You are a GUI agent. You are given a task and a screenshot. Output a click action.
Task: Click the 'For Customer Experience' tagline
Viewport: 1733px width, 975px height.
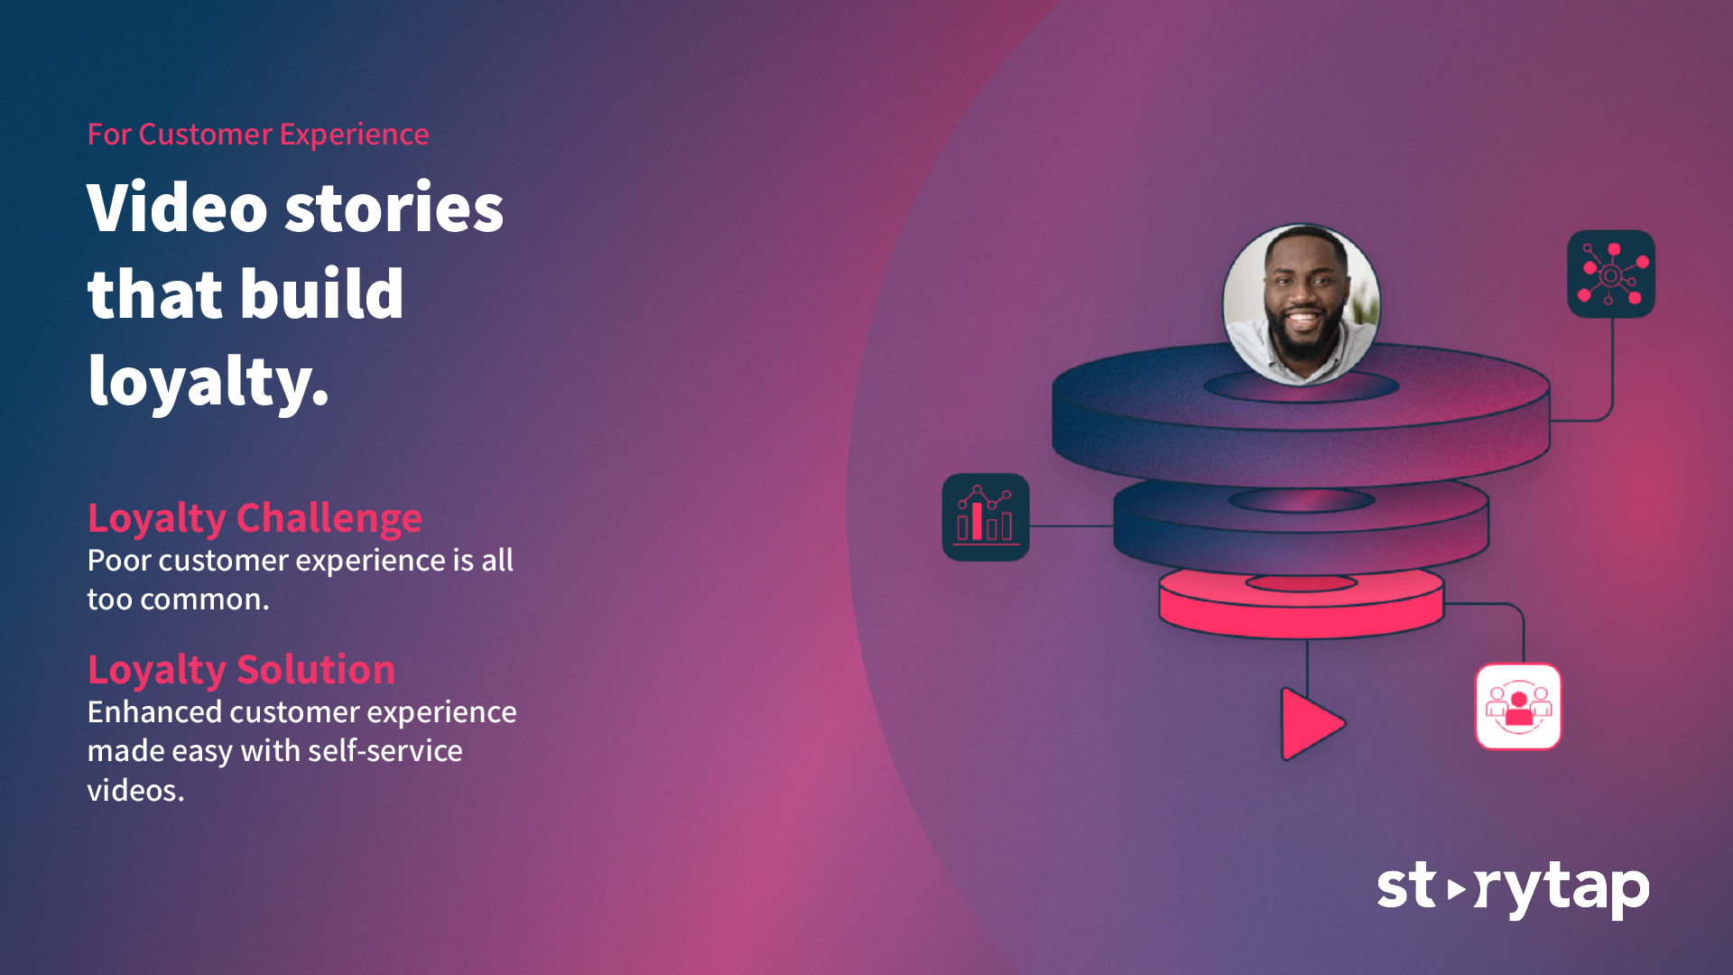coord(258,135)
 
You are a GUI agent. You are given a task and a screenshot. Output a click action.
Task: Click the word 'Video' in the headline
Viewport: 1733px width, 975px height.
coord(178,208)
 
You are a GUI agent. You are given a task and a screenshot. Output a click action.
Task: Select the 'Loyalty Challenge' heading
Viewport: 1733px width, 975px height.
coord(255,518)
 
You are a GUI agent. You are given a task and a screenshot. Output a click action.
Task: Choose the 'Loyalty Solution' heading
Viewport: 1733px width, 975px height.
coord(241,670)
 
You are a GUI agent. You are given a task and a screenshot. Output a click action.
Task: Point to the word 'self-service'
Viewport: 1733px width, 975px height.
coord(385,751)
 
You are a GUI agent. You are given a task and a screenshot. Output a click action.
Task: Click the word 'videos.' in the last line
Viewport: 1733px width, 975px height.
coord(135,791)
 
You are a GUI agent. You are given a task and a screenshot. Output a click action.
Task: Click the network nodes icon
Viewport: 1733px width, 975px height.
coord(1611,274)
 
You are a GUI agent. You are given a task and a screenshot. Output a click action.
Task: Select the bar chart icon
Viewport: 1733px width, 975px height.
coord(986,517)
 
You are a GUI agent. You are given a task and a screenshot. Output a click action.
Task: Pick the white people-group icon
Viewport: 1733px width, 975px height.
coord(1518,707)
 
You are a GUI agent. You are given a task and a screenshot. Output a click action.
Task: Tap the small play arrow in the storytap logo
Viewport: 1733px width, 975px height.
coord(1456,889)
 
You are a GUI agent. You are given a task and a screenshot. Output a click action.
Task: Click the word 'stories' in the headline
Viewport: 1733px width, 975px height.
coord(394,208)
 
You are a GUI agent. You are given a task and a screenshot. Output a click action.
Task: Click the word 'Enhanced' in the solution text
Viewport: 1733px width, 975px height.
coord(154,712)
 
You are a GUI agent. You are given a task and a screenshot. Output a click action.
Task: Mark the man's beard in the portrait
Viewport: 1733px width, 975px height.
coord(1303,339)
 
